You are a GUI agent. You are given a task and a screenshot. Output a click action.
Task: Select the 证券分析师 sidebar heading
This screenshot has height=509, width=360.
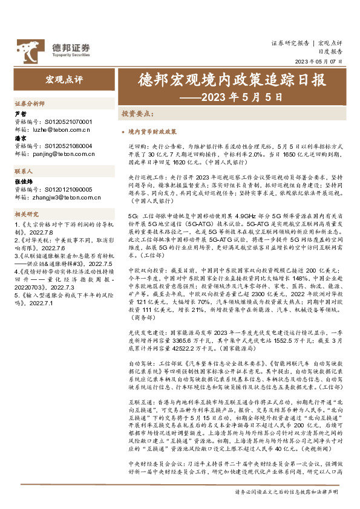[29, 104]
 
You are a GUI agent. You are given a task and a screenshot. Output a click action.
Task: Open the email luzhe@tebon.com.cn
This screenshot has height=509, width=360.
[61, 129]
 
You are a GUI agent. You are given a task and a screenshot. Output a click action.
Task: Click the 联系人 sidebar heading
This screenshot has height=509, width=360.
[24, 171]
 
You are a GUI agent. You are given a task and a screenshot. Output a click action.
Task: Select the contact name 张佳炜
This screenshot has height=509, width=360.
[22, 181]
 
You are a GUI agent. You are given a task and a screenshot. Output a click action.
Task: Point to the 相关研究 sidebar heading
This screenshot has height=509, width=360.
[27, 214]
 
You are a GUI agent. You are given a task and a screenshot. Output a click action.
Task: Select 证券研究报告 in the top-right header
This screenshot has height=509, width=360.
[290, 43]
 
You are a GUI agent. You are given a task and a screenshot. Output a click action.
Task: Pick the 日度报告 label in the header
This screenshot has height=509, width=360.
[330, 52]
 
